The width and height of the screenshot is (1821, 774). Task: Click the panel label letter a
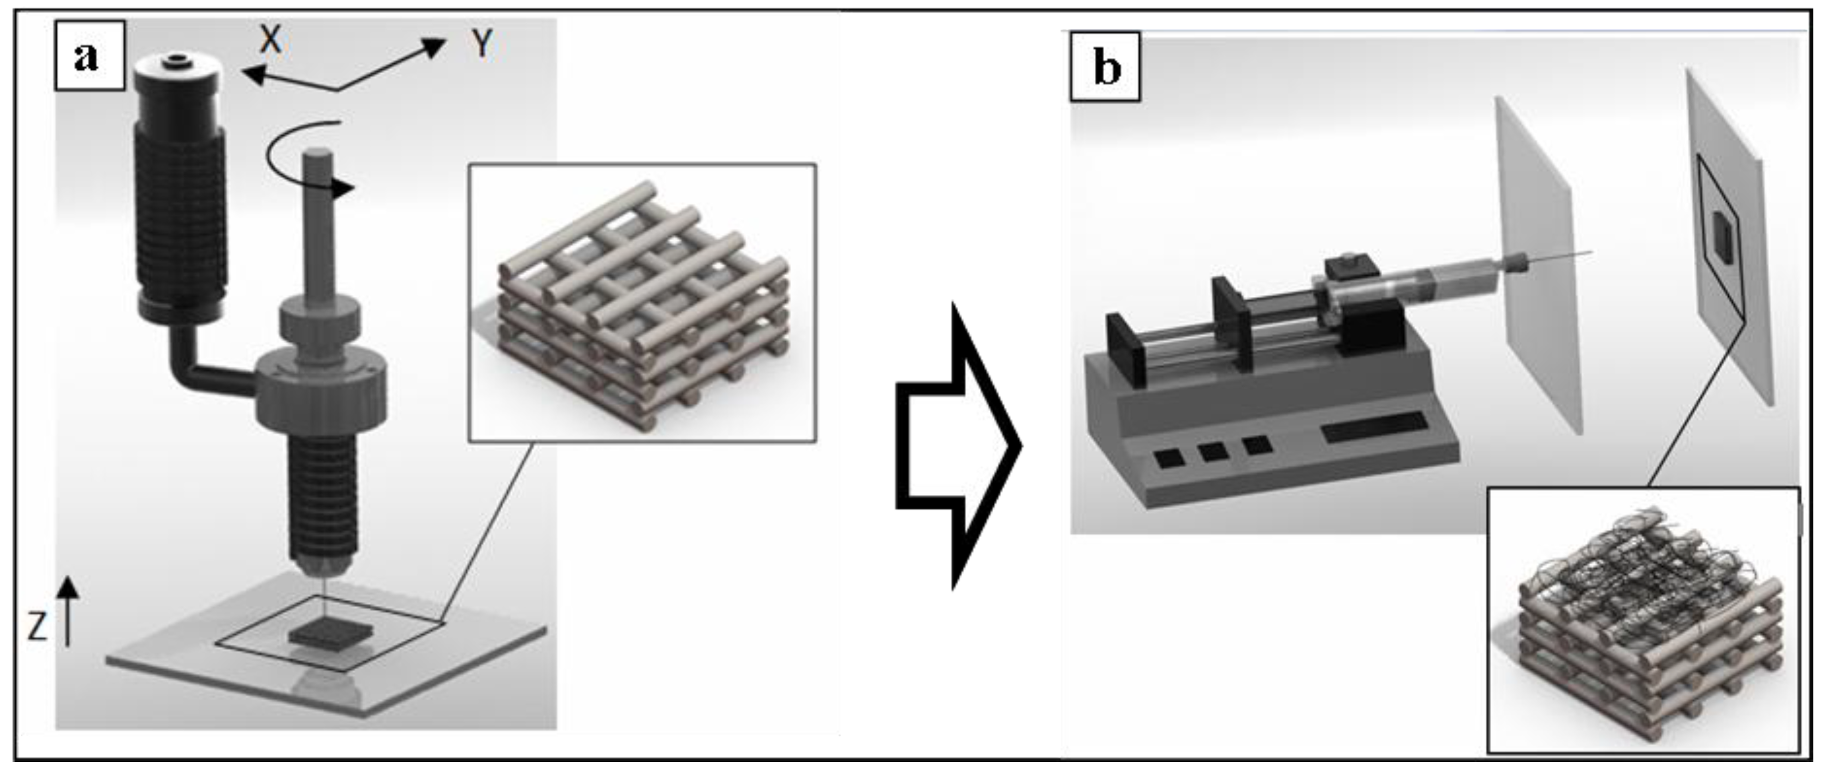[x=86, y=56]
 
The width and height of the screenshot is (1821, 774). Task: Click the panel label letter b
[x=1106, y=69]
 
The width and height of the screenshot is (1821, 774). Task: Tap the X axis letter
[x=270, y=40]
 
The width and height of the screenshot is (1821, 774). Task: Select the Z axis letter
[x=37, y=626]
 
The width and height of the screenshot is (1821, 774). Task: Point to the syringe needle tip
[x=1591, y=252]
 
